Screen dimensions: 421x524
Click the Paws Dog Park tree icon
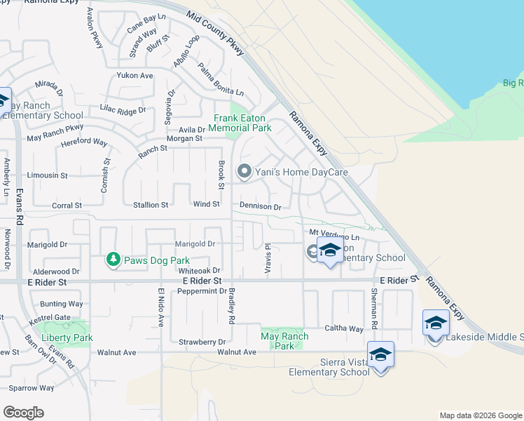(x=113, y=260)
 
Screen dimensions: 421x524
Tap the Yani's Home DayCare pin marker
(x=244, y=171)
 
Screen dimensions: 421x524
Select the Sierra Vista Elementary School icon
(x=380, y=354)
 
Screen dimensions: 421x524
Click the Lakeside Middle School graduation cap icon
(x=435, y=323)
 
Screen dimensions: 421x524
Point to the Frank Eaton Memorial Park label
(x=242, y=123)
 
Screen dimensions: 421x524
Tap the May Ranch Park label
(x=284, y=341)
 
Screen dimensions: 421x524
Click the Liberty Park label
(x=67, y=338)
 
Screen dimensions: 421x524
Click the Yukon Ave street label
(x=136, y=76)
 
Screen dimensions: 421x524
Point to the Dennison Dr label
(x=260, y=207)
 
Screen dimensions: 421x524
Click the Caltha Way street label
(x=343, y=328)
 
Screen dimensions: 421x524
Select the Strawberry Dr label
(x=202, y=342)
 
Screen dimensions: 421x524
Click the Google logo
(x=23, y=412)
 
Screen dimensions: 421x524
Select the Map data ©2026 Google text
(x=480, y=415)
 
